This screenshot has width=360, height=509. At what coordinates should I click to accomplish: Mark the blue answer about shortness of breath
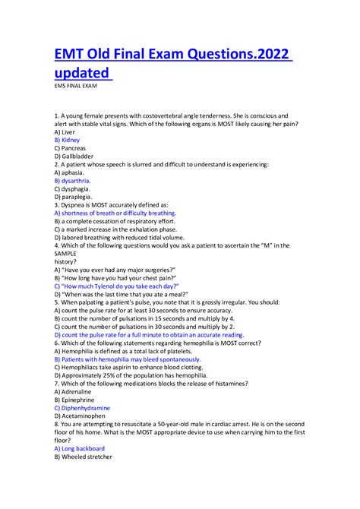(x=115, y=213)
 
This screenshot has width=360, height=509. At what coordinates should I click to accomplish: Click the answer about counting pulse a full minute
(x=149, y=334)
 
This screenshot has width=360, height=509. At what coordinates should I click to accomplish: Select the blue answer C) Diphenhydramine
(x=82, y=407)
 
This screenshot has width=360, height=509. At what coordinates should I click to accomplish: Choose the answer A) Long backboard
(x=80, y=448)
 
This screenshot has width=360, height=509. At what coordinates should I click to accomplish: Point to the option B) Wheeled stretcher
(x=83, y=457)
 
